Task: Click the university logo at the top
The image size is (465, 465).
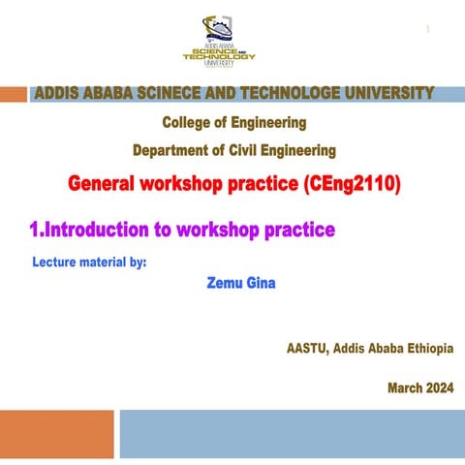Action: [219, 41]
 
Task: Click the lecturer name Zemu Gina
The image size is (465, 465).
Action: [240, 284]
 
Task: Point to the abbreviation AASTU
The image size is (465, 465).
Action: [307, 348]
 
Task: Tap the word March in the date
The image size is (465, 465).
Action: [402, 388]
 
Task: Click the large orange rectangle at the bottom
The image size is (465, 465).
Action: [57, 433]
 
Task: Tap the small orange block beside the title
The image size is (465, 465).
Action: [14, 94]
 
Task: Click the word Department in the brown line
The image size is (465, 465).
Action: [171, 150]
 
